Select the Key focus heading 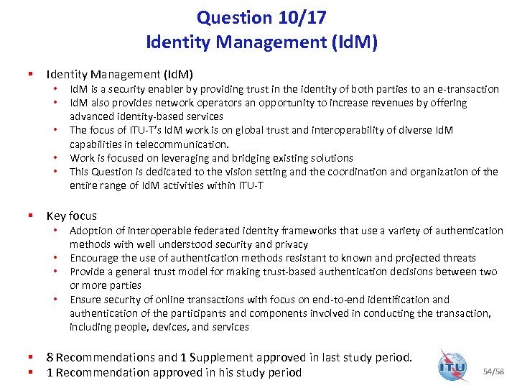[x=71, y=216]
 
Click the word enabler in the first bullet [x=159, y=89]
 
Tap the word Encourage [x=96, y=258]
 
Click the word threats [x=458, y=258]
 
